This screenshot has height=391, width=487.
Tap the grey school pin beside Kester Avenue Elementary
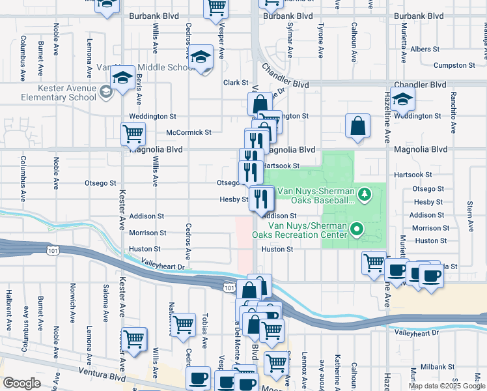[105, 92]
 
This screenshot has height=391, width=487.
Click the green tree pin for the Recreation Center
[356, 229]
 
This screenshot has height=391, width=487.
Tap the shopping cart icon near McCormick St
[133, 133]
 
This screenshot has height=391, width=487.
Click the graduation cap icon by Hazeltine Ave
[403, 99]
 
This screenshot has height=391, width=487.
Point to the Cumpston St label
[454, 65]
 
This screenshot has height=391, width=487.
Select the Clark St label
[236, 83]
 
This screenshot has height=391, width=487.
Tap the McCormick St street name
[189, 132]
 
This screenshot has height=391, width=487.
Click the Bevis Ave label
[139, 89]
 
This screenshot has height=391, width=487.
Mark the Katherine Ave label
[337, 369]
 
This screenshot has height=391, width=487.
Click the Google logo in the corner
[21, 383]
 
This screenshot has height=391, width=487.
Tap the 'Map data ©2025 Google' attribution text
[446, 386]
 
